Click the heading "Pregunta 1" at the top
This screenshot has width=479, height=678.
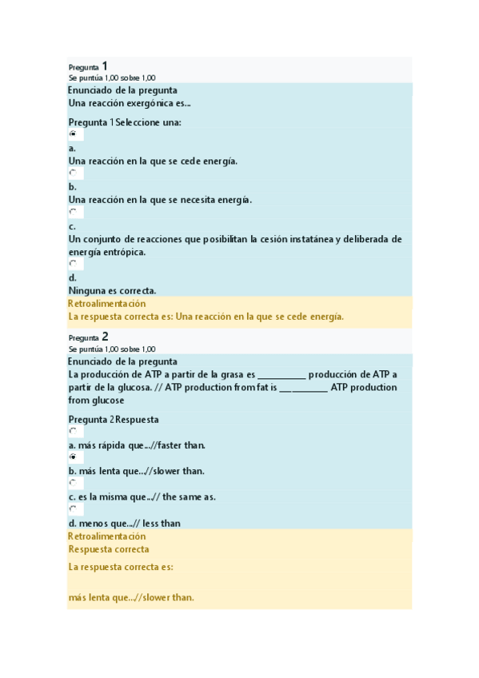click(88, 66)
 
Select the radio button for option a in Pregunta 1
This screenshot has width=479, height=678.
click(73, 134)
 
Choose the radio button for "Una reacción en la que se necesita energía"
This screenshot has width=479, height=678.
click(73, 173)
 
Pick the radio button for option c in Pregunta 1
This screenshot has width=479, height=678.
click(73, 212)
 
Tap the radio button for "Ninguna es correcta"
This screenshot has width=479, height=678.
click(73, 263)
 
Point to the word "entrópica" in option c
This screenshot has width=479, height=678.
click(125, 252)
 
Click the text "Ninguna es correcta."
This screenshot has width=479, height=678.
click(112, 290)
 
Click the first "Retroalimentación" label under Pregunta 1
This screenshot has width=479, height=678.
click(107, 304)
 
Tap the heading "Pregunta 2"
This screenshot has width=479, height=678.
click(88, 337)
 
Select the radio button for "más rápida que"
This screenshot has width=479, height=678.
click(73, 431)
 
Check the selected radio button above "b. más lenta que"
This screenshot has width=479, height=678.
click(73, 457)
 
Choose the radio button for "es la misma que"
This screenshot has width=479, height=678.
click(73, 483)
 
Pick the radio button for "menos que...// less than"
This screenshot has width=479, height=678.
click(73, 508)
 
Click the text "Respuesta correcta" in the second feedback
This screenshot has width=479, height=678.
click(109, 549)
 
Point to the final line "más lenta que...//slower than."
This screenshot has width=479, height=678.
click(131, 597)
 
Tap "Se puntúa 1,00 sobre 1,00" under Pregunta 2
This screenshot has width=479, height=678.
click(112, 349)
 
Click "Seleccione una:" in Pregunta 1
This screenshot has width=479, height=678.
click(149, 122)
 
